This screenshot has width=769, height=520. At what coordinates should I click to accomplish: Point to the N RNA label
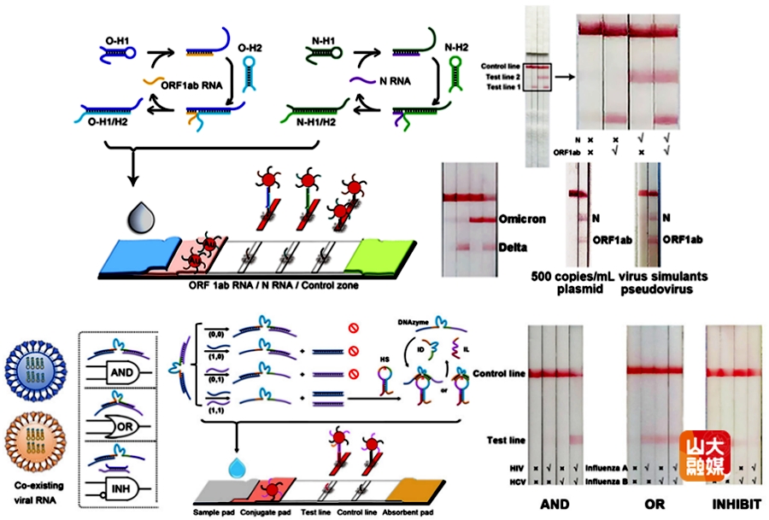[392, 81]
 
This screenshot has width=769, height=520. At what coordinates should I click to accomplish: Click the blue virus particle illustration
[33, 372]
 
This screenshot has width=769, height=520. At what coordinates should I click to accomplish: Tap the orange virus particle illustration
[33, 447]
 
